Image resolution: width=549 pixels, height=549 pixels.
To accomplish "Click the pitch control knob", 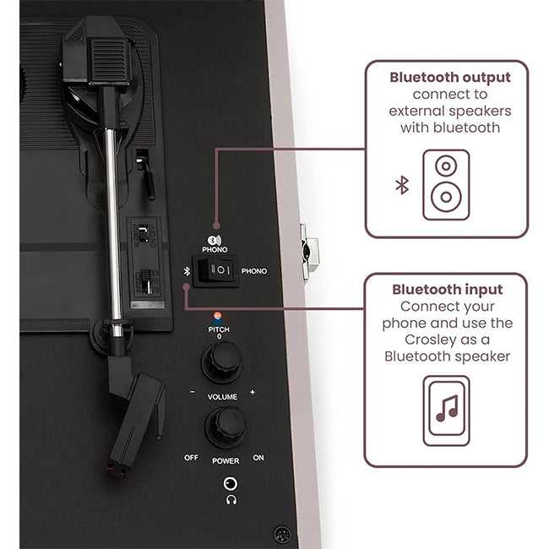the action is [222, 362].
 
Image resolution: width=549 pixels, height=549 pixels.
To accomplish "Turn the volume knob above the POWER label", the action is [226, 427].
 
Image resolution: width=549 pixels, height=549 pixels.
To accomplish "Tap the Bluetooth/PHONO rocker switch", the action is [215, 270].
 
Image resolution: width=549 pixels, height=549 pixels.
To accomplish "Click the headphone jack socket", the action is [230, 483].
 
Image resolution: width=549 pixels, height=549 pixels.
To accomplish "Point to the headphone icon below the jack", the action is [231, 500].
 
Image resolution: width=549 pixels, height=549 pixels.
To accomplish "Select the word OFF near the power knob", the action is [191, 458].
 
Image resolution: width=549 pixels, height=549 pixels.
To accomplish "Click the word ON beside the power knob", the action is [258, 458].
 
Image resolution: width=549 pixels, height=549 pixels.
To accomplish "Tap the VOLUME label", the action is [222, 397].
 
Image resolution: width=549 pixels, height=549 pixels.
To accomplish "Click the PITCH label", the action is [219, 329].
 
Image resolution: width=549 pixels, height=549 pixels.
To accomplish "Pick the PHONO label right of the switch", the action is [254, 271].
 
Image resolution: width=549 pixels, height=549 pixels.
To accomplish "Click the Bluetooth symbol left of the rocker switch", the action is [188, 271].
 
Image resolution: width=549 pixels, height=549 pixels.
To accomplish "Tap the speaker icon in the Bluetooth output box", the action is [446, 185].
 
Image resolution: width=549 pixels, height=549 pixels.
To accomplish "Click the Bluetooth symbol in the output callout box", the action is [402, 185].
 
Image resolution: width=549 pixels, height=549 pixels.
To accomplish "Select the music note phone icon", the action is [447, 410].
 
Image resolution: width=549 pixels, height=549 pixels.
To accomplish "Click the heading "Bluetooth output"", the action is [450, 78].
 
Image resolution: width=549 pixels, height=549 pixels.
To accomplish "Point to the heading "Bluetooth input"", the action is [447, 290].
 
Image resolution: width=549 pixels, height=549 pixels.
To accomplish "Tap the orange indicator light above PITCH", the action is [217, 315].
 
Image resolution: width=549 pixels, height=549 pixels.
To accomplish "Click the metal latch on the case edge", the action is [308, 252].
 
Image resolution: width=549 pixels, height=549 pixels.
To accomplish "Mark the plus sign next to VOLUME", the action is [252, 392].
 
